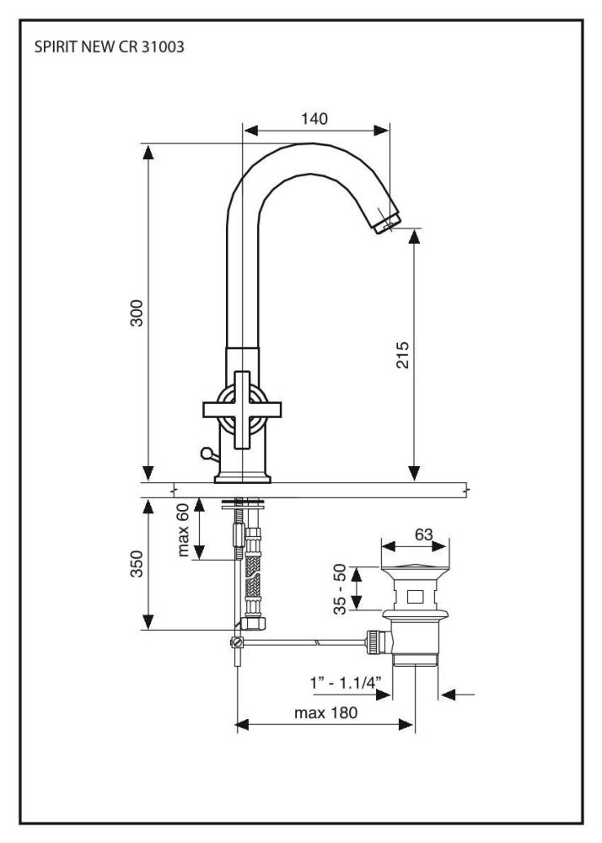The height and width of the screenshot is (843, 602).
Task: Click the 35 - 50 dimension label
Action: (341, 589)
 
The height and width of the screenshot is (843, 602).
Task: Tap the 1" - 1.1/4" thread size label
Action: (347, 680)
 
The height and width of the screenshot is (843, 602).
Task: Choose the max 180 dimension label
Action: (325, 712)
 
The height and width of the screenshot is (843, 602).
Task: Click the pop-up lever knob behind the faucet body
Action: (204, 455)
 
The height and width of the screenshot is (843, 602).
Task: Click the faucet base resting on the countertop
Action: (242, 478)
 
